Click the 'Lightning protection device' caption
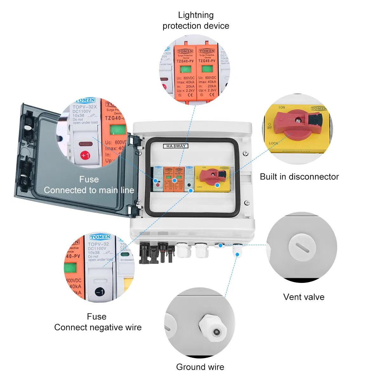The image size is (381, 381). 196,20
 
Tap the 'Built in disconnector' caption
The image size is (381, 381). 299,177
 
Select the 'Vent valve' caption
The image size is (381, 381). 304,297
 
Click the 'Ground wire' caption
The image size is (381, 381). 200,367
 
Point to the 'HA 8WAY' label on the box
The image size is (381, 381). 176,146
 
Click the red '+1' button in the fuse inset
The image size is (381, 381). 85,155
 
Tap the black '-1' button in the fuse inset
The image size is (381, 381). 100,292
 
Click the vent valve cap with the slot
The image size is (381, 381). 302,247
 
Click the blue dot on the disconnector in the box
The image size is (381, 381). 217,185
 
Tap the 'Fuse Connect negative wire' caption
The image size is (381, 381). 97,322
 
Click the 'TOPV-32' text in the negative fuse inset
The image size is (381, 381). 98,244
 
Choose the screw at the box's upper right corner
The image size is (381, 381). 245,154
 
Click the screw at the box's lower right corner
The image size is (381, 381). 247,203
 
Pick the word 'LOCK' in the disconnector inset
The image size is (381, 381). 273,143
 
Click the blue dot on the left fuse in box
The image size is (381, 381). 156,181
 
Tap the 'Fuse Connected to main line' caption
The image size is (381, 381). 89,185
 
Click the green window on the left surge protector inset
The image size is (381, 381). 185,69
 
